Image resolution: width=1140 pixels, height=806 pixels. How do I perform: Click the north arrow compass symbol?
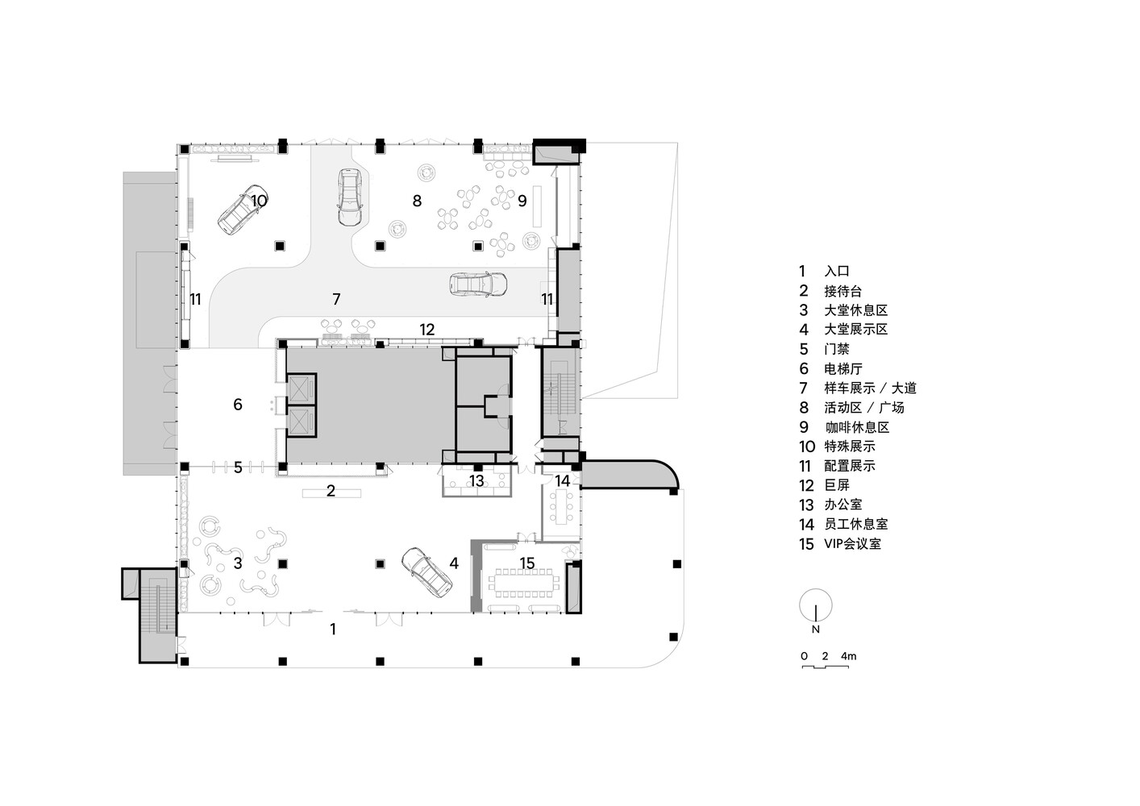pyautogui.click(x=816, y=605)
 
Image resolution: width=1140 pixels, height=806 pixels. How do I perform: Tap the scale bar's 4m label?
pyautogui.click(x=848, y=656)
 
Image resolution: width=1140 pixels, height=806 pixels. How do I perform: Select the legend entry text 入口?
pyautogui.click(x=837, y=272)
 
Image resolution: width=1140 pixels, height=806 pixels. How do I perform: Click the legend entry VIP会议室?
pyautogui.click(x=852, y=543)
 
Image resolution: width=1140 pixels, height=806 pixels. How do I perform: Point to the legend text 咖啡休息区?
pyautogui.click(x=857, y=427)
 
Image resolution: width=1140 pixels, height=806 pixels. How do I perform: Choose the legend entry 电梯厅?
pyautogui.click(x=843, y=368)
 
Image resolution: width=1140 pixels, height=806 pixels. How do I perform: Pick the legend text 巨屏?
pyautogui.click(x=837, y=485)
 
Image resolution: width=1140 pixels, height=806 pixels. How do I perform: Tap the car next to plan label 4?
pyautogui.click(x=425, y=571)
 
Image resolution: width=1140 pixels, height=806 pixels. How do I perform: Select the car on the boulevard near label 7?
pyautogui.click(x=478, y=284)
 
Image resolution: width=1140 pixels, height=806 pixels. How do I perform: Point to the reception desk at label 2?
pyautogui.click(x=331, y=492)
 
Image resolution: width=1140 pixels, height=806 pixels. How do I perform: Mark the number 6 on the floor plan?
pyautogui.click(x=238, y=405)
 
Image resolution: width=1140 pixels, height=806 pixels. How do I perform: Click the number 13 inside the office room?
pyautogui.click(x=476, y=481)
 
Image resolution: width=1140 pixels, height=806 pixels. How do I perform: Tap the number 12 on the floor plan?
pyautogui.click(x=426, y=329)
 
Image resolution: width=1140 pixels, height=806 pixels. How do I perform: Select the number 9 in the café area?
pyautogui.click(x=522, y=201)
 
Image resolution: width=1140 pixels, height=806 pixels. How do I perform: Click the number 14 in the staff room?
pyautogui.click(x=562, y=481)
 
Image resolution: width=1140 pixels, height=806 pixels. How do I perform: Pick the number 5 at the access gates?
pyautogui.click(x=238, y=467)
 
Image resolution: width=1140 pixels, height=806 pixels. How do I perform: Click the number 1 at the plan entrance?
pyautogui.click(x=333, y=629)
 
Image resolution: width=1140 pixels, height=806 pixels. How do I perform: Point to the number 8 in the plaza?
pyautogui.click(x=417, y=201)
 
